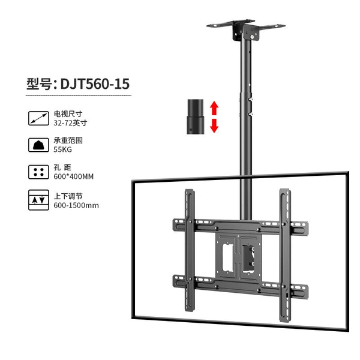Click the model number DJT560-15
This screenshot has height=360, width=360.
95,84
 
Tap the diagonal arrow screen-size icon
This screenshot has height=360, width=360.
38,118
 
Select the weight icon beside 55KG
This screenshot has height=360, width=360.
38,145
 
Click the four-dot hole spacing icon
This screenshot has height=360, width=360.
38,172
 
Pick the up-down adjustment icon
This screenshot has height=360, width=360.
38,200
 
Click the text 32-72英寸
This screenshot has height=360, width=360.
70,123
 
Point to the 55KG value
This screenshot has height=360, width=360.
62,149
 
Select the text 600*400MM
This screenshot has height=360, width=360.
73,176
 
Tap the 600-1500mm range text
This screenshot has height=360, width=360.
76,205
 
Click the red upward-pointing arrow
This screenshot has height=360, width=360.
214,108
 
